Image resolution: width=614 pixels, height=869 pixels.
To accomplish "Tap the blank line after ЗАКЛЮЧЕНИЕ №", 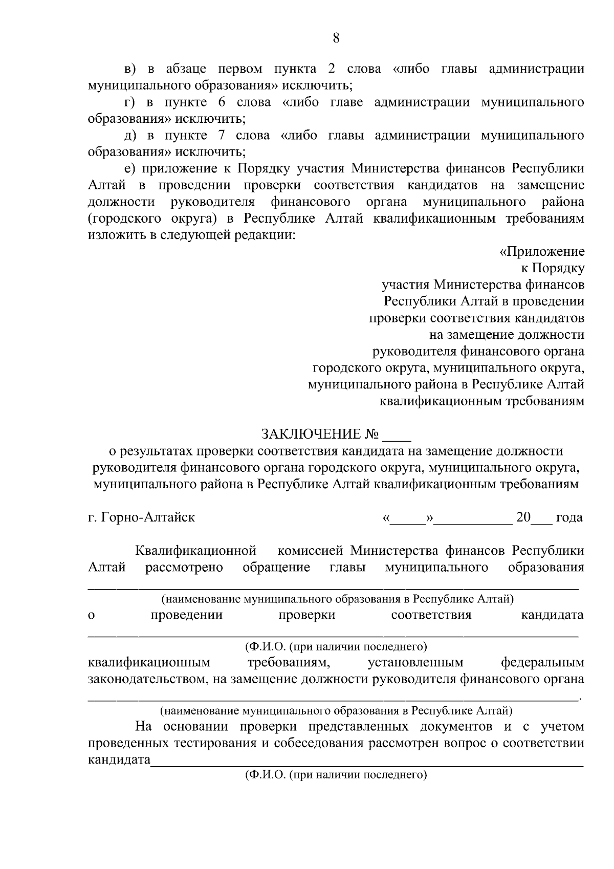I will pos(397,438).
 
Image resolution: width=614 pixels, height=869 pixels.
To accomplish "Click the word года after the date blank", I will pos(569,517).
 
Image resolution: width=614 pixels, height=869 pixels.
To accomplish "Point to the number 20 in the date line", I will pos(523,517).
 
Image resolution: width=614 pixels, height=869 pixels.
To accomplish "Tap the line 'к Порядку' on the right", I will pos(553,268).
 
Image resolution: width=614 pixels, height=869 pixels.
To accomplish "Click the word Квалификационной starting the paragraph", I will pos(195,551).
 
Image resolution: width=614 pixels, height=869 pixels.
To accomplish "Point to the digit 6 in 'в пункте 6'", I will pos(222,102).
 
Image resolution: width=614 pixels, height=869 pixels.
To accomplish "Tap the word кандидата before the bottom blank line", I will pos(119,759).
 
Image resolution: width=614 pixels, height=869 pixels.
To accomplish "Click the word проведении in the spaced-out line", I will pos(187,615).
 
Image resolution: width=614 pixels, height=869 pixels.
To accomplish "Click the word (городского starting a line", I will pos(121,219).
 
